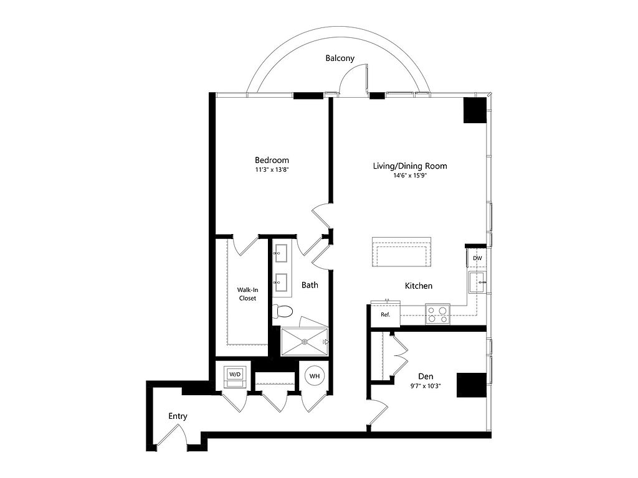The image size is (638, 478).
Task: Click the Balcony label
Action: click(340, 58)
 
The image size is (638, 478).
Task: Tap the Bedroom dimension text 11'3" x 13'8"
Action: click(272, 170)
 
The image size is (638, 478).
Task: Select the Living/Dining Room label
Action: click(410, 166)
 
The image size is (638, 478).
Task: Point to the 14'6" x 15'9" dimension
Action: click(410, 176)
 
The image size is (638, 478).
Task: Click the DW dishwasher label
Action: click(477, 258)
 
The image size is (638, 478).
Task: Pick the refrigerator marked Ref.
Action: click(385, 314)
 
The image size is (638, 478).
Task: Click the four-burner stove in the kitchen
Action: click(437, 314)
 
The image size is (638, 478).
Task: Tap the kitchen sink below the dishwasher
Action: click(477, 282)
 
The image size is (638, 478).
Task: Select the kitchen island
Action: click(401, 252)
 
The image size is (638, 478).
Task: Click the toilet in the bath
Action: click(282, 312)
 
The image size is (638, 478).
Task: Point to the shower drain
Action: click(304, 342)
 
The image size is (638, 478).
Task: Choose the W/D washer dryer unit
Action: click(235, 378)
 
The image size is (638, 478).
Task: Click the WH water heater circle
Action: click(315, 376)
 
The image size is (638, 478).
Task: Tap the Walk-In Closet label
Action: click(247, 294)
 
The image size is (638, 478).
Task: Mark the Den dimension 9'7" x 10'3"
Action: click(426, 386)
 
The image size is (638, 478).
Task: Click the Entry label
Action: click(178, 416)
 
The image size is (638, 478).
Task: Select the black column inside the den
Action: click(472, 385)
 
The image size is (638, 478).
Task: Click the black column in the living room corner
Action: click(475, 110)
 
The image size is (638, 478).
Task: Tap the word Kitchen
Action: click(418, 286)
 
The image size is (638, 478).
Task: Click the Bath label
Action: click(310, 285)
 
